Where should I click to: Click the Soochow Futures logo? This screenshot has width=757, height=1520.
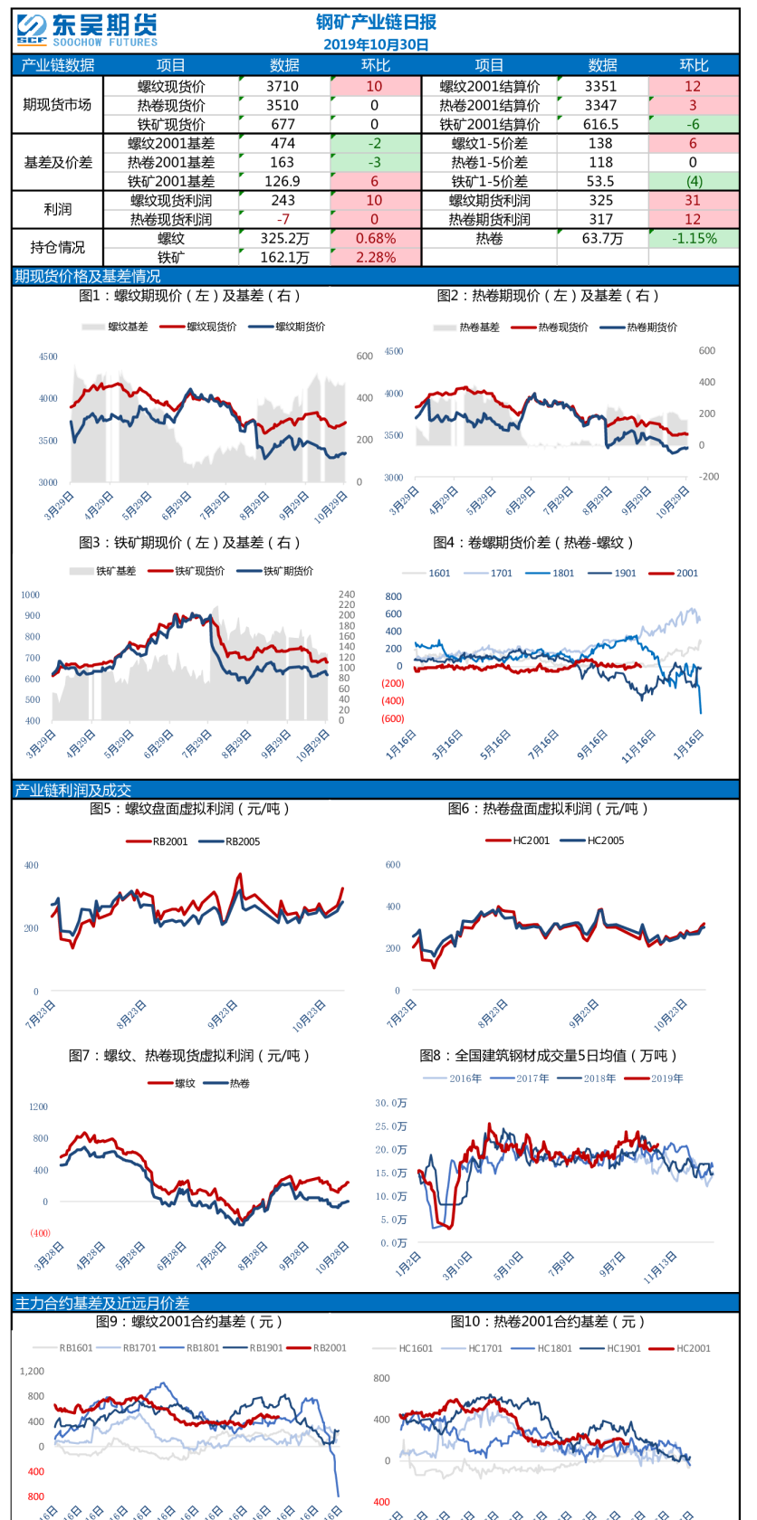click(x=86, y=30)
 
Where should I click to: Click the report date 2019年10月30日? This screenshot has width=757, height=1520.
click(x=376, y=44)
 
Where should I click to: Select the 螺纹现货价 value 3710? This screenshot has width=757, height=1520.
click(x=283, y=86)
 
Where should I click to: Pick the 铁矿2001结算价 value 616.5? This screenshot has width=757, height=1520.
click(x=600, y=124)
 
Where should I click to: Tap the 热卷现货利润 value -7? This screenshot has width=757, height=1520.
click(x=283, y=219)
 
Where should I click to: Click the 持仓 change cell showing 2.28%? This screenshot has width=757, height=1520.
click(x=375, y=257)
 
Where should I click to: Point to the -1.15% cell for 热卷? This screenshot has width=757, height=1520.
click(x=694, y=238)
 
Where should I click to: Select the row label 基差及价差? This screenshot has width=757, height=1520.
click(x=57, y=162)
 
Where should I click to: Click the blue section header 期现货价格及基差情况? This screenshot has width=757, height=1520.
click(x=87, y=276)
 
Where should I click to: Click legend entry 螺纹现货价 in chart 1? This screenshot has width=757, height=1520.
click(x=211, y=327)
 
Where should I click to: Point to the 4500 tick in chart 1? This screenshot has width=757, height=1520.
click(x=48, y=356)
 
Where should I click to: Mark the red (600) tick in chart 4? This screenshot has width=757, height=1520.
click(x=392, y=718)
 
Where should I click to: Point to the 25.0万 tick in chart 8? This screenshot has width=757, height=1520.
click(x=391, y=1126)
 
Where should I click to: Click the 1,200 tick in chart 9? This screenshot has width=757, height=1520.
click(x=32, y=1371)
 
